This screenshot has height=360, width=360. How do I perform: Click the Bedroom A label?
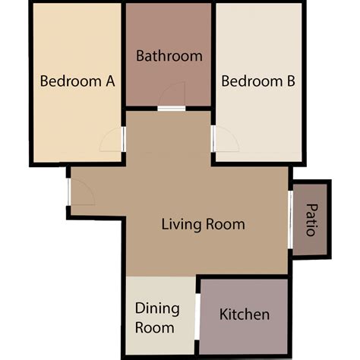pos(77,81)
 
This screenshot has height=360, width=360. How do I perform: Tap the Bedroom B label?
pos(258,81)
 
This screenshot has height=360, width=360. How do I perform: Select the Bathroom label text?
pos(169,55)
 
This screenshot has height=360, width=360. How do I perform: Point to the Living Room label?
pos(203,224)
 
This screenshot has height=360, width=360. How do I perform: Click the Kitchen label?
pos(244,314)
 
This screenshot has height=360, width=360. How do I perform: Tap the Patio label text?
pos(311,219)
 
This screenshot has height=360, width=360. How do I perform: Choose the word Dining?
pos(157,308)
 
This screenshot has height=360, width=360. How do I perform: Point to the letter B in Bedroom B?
pos(290,81)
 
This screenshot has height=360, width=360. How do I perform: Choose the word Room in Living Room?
pos(226,224)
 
